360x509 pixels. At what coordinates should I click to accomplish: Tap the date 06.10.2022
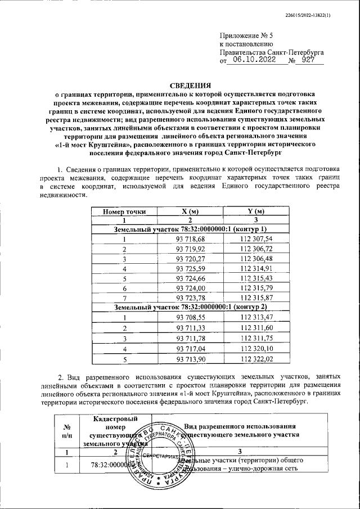(254, 60)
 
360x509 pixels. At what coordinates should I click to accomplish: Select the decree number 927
(308, 60)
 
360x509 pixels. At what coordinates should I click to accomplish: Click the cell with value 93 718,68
(191, 239)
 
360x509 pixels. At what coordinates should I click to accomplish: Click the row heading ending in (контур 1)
(190, 229)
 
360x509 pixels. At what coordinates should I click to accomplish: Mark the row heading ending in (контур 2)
(190, 307)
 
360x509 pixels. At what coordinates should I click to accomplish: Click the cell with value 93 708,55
(191, 317)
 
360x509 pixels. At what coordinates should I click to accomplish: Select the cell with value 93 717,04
(191, 349)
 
